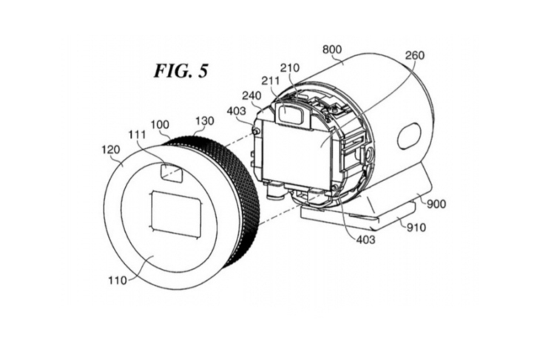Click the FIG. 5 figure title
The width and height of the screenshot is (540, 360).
click(x=180, y=71)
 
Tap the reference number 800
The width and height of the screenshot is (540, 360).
click(x=332, y=50)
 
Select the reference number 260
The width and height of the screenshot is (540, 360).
click(x=415, y=55)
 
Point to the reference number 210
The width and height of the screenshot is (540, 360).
click(x=290, y=68)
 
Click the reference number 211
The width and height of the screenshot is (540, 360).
click(x=271, y=81)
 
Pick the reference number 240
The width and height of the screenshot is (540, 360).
click(x=252, y=95)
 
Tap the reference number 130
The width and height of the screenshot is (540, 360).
click(x=205, y=120)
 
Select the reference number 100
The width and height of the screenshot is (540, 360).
click(x=160, y=125)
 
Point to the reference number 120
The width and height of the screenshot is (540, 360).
click(x=111, y=150)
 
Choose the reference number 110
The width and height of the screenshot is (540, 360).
click(x=118, y=280)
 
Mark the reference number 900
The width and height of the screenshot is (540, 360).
click(x=436, y=204)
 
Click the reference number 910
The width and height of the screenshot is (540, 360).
click(x=416, y=228)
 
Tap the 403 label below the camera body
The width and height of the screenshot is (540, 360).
click(x=365, y=240)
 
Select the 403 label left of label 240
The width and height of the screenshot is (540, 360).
click(x=236, y=111)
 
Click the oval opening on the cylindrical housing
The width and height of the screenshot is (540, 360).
click(x=409, y=136)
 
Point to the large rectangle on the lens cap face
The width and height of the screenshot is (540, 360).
click(x=175, y=214)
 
